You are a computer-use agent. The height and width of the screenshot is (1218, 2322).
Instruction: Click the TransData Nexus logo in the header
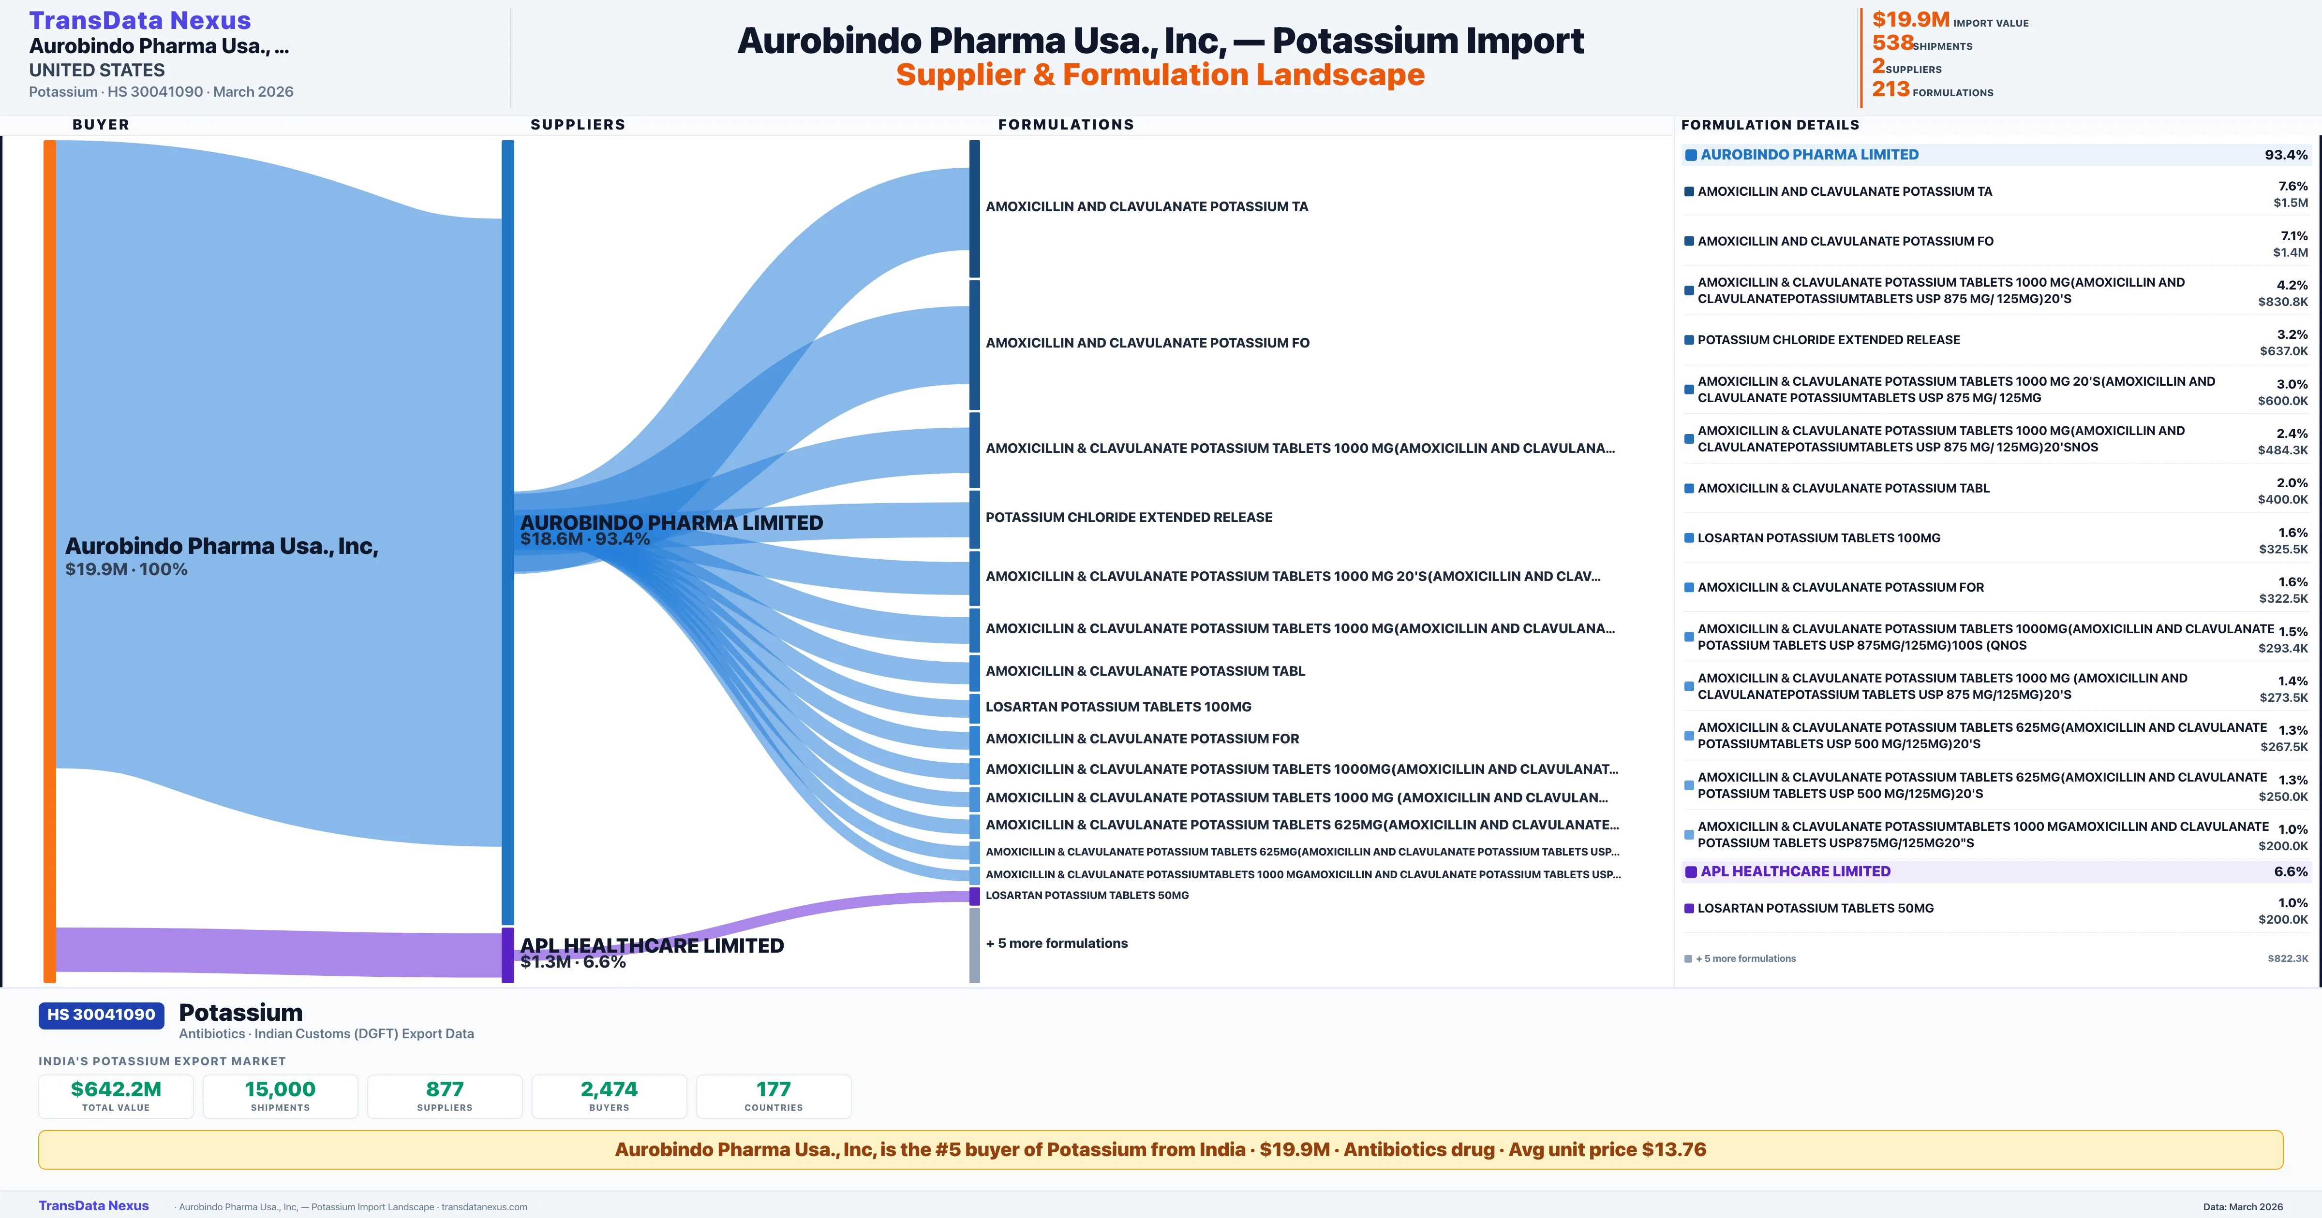140,20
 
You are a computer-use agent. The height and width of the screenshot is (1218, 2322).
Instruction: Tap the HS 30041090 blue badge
101,1015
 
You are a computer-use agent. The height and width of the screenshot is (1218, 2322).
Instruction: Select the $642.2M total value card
116,1096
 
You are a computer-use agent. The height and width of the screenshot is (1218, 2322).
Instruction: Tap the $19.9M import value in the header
1910,20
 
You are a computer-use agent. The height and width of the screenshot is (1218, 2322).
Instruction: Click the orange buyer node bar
49,559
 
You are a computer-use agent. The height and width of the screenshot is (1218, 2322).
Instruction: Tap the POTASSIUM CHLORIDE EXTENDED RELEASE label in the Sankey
1129,517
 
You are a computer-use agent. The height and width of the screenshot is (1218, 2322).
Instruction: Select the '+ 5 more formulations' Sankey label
1057,943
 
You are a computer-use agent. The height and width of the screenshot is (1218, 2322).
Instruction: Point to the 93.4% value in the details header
2286,155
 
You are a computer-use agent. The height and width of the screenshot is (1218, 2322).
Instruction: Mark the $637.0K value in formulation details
2283,351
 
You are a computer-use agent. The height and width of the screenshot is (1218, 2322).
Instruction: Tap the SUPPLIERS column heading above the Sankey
578,124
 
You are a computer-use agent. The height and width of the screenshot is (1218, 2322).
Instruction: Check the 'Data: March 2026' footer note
2243,1206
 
